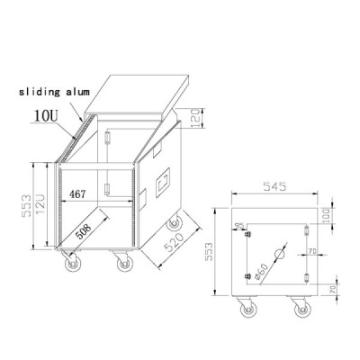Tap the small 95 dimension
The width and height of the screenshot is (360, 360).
pos(239,226)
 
